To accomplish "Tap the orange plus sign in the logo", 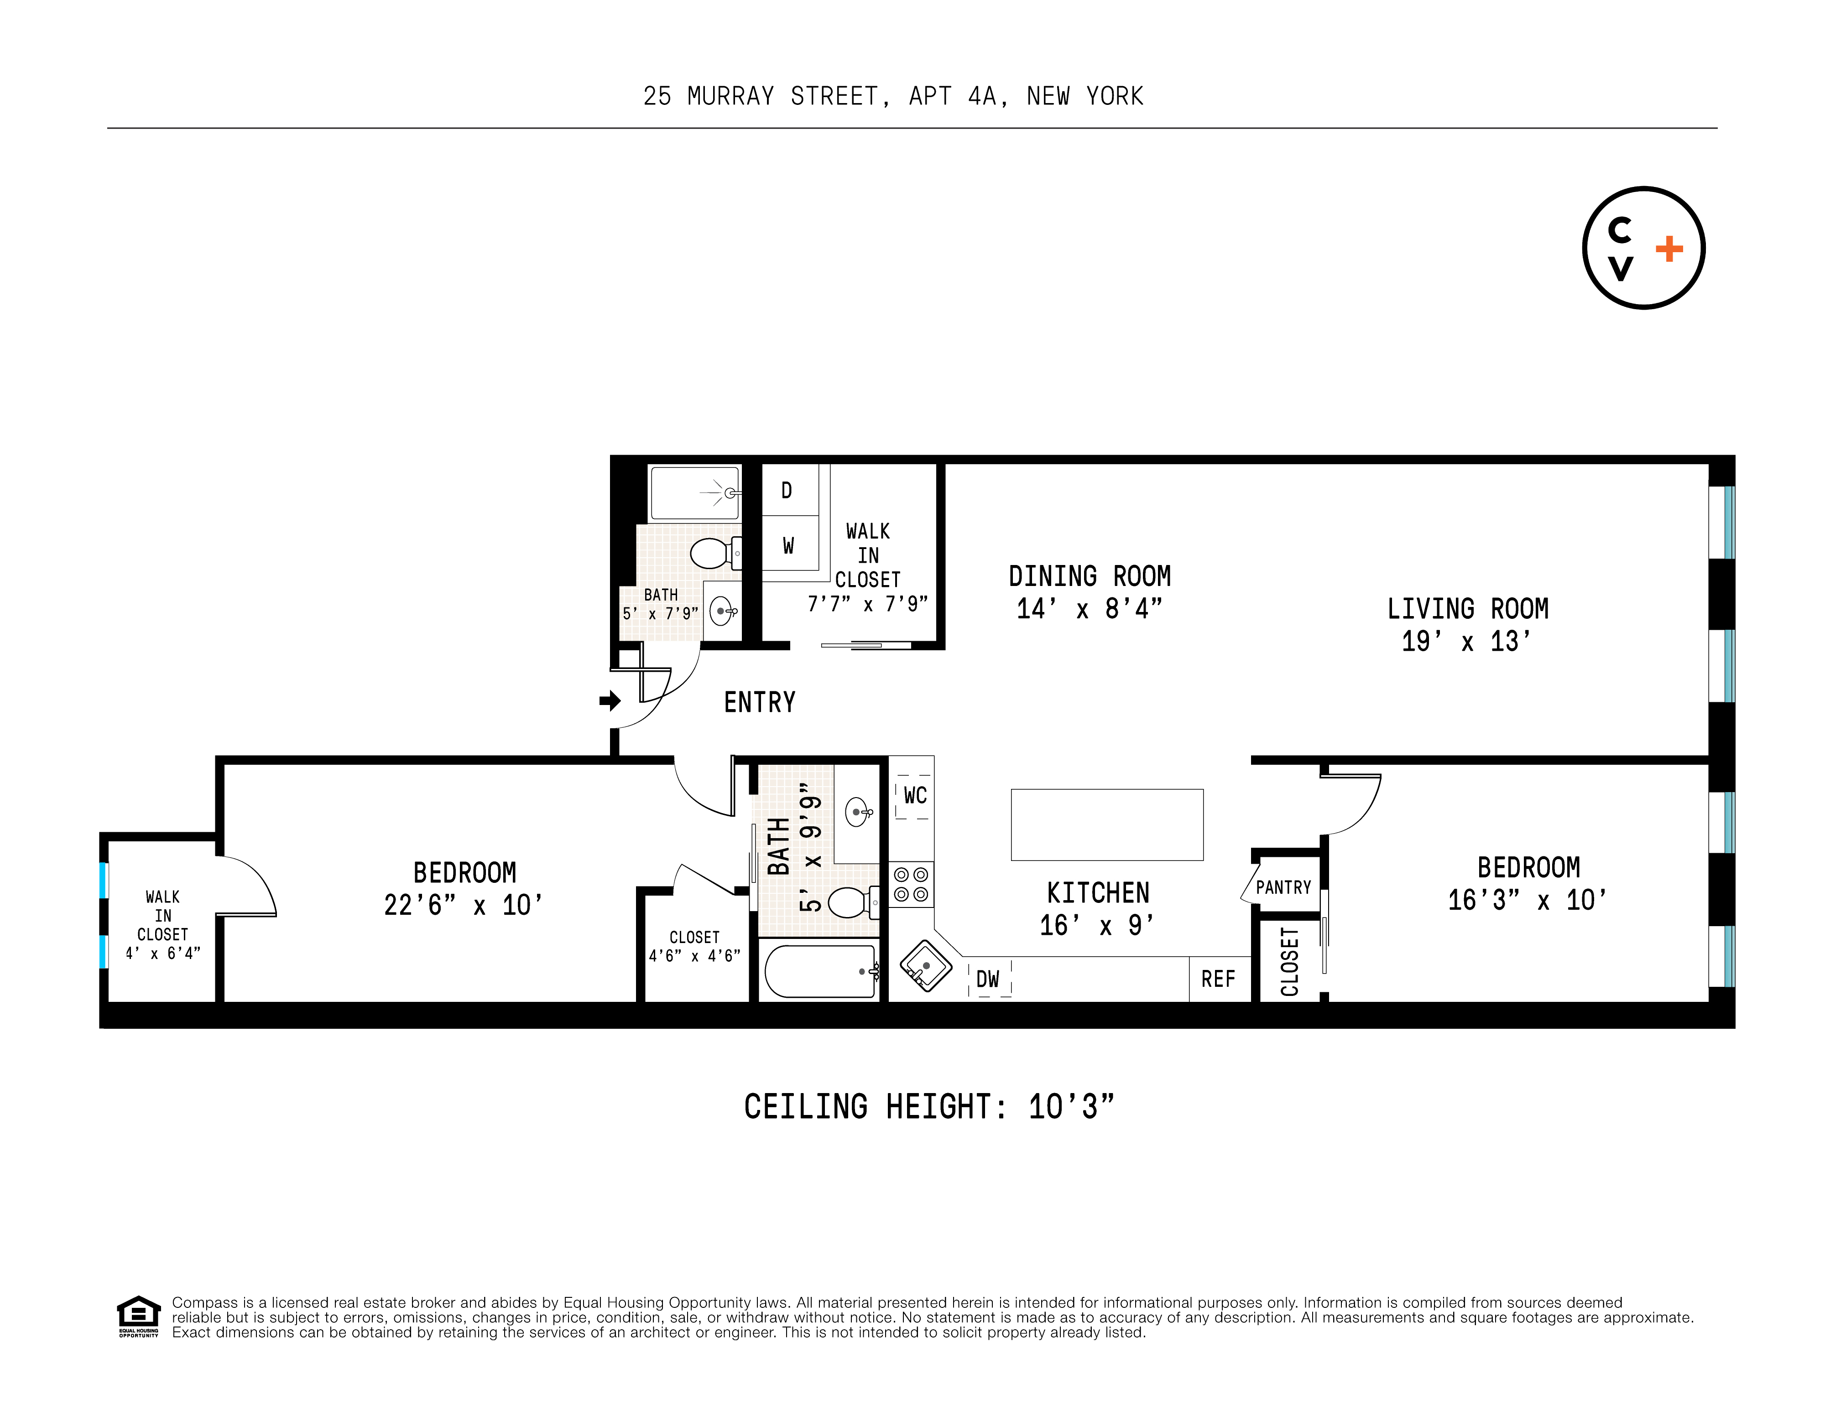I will click(1669, 249).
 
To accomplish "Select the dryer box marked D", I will click(786, 490).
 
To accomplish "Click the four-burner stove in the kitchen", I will click(911, 885).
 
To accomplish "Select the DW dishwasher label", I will click(988, 979).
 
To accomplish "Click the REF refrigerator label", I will click(1217, 979).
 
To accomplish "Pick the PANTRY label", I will click(1283, 887).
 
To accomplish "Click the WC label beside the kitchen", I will click(914, 795).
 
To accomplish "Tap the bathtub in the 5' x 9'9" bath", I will click(821, 970).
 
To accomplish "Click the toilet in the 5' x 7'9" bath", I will click(713, 552).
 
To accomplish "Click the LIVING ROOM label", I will click(1467, 609).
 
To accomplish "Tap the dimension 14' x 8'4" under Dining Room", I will click(1089, 609).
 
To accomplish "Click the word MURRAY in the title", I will click(730, 97).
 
